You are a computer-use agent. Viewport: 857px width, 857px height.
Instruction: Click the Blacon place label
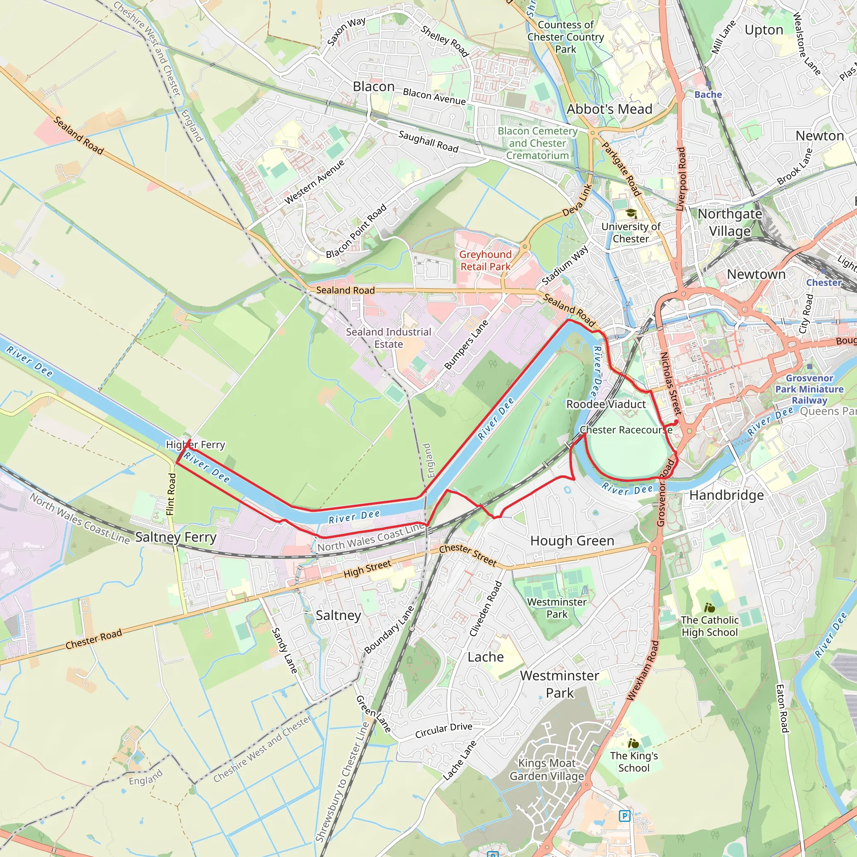pyautogui.click(x=374, y=87)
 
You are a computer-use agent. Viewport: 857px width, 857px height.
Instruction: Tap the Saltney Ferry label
pyautogui.click(x=176, y=537)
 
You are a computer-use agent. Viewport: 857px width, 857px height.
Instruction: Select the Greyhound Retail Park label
pyautogui.click(x=485, y=260)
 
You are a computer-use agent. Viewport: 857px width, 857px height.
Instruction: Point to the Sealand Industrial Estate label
pyautogui.click(x=388, y=338)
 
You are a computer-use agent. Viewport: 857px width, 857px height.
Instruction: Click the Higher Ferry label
pyautogui.click(x=195, y=444)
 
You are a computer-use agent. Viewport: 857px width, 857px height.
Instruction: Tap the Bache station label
pyautogui.click(x=708, y=95)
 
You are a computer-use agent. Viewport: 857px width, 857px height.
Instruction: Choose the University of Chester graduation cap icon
pyautogui.click(x=631, y=214)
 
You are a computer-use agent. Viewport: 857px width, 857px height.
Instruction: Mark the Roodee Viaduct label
pyautogui.click(x=606, y=405)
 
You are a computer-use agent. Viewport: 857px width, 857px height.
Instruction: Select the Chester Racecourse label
pyautogui.click(x=626, y=430)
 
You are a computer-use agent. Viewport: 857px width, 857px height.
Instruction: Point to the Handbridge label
pyautogui.click(x=726, y=495)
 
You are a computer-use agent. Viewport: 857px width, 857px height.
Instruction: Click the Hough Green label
pyautogui.click(x=572, y=541)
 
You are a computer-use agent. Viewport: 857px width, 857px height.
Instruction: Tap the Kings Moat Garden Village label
pyautogui.click(x=547, y=770)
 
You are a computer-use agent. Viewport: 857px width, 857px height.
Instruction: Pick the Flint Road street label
pyautogui.click(x=171, y=494)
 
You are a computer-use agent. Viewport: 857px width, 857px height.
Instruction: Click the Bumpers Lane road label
pyautogui.click(x=466, y=345)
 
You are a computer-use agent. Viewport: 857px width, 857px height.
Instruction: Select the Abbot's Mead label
pyautogui.click(x=609, y=109)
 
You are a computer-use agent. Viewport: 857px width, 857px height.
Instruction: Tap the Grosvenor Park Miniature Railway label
pyautogui.click(x=809, y=389)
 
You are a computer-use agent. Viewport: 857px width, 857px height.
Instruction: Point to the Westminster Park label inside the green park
pyautogui.click(x=557, y=608)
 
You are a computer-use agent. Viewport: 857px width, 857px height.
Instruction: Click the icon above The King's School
pyautogui.click(x=634, y=743)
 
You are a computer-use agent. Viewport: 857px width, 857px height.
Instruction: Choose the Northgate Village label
pyautogui.click(x=730, y=222)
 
